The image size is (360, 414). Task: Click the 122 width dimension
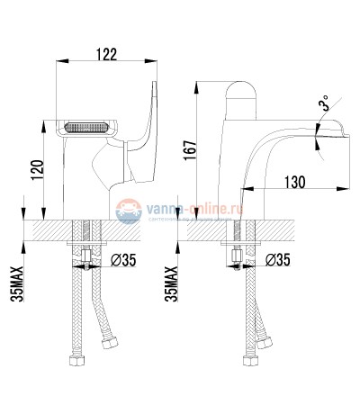109,55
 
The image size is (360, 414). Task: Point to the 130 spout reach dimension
292,181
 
